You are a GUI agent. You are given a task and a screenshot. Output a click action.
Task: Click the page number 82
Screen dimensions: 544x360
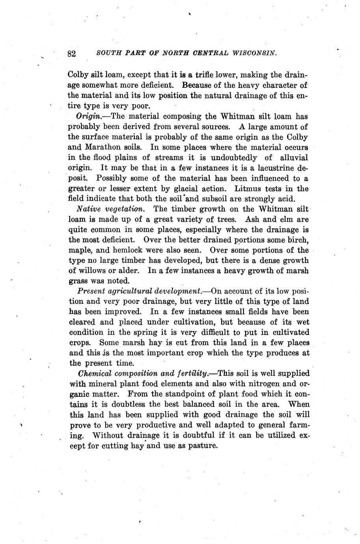[71, 54]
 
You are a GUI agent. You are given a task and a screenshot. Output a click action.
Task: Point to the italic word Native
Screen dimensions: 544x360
[88, 209]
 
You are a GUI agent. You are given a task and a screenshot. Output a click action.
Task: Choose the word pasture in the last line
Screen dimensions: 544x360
[203, 447]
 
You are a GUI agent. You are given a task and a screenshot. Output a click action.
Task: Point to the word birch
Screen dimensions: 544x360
[298, 240]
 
